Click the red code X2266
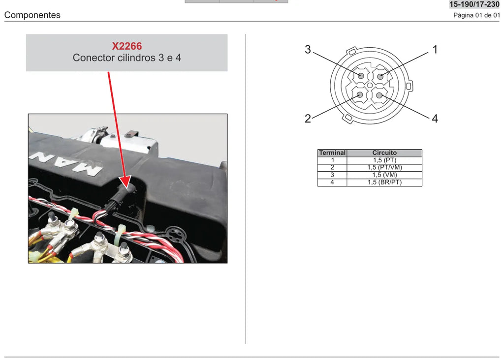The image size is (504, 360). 127,46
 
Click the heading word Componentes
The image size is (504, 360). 32,15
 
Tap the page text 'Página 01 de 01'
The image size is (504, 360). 476,15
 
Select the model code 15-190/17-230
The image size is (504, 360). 474,4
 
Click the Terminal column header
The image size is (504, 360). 332,153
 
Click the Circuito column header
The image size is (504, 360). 384,153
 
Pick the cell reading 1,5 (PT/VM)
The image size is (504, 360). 385,167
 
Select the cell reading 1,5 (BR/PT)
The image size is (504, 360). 385,182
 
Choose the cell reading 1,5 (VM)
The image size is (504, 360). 385,175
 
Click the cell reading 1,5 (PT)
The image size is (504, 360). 385,160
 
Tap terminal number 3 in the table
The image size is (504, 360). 332,175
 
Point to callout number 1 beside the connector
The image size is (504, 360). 435,50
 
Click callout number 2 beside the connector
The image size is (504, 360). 308,119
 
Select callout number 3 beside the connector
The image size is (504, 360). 308,50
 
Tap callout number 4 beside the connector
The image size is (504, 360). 435,119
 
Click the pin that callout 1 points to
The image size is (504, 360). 380,76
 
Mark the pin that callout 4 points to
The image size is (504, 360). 379,95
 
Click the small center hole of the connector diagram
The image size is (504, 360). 370,86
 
